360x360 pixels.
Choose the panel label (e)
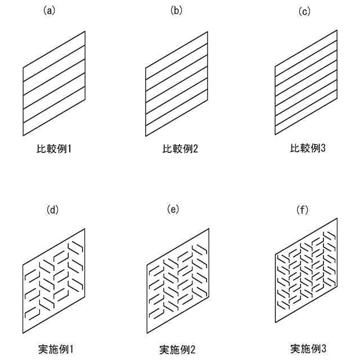point(173,210)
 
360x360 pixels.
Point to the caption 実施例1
point(55,349)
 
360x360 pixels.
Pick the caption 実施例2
point(177,349)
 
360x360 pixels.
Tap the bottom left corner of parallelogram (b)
point(146,136)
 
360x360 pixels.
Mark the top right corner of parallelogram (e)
point(209,228)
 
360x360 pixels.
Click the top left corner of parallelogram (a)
point(23,68)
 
